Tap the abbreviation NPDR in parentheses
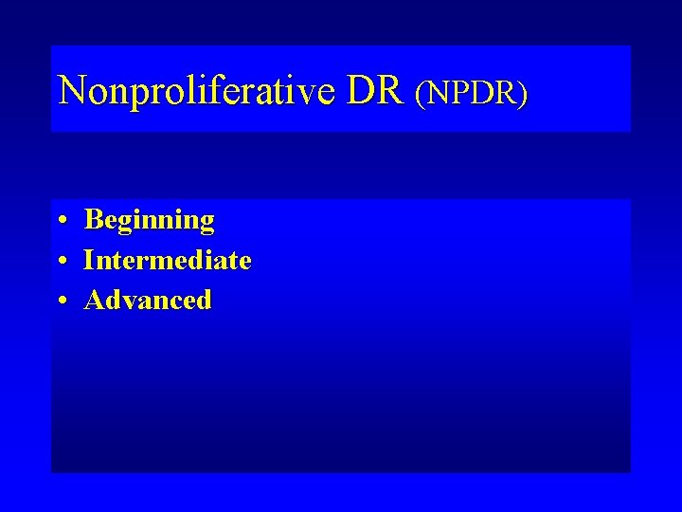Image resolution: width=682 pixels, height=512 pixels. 472,92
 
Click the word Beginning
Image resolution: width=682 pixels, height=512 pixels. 150,221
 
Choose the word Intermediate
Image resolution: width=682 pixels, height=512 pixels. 168,260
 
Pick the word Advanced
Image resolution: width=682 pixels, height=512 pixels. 149,301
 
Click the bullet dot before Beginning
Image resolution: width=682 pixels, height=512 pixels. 60,221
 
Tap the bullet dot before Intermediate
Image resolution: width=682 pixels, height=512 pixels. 60,261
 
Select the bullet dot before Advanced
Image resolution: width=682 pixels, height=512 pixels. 60,302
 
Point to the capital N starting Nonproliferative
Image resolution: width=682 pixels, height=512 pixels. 72,90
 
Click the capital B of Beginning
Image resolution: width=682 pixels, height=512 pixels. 94,220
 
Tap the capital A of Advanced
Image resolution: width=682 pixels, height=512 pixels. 95,301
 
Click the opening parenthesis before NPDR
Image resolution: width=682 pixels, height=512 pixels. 421,93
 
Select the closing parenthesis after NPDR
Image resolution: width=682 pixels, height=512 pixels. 523,93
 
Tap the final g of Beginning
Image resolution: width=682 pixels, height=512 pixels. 206,224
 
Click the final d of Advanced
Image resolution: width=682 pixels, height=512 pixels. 205,301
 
